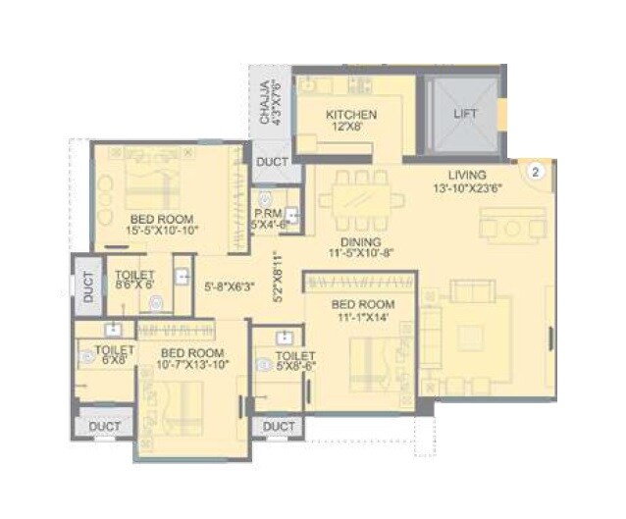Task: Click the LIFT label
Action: click(x=465, y=113)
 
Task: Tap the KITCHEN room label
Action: click(x=351, y=115)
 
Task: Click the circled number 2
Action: click(x=535, y=170)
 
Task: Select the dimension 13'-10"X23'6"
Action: click(x=467, y=188)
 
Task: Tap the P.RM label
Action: click(x=268, y=213)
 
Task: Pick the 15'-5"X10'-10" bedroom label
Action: click(x=162, y=231)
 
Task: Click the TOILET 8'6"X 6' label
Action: click(x=134, y=282)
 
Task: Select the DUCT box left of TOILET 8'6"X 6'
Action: click(x=87, y=285)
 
